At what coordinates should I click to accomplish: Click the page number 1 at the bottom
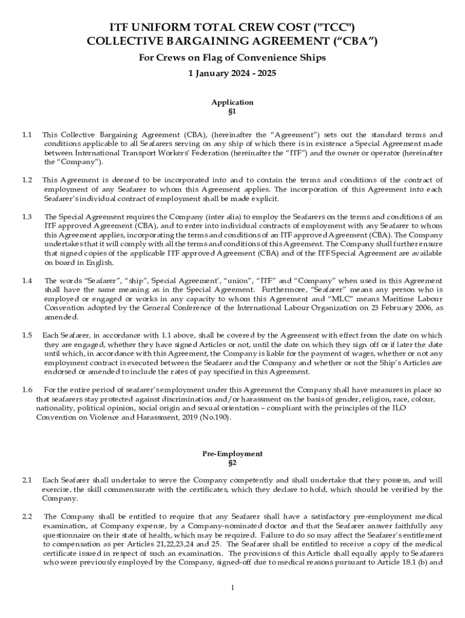coord(232,587)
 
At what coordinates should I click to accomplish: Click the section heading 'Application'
coord(232,102)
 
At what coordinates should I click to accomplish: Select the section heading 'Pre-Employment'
coord(232,453)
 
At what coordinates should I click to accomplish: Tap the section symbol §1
coord(232,112)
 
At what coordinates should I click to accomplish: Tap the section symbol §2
coord(232,463)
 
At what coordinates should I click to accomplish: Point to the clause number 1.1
coord(27,135)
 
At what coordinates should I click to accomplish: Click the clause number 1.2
coord(27,180)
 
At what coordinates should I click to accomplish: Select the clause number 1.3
coord(27,217)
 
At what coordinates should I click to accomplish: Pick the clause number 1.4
coord(27,281)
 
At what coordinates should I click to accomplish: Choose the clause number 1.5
coord(27,335)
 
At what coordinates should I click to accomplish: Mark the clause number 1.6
coord(27,390)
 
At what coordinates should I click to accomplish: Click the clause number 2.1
coord(27,480)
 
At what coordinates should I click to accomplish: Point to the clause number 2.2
coord(27,517)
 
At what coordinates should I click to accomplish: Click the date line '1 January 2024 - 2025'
coord(232,73)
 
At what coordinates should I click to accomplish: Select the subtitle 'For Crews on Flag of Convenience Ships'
coord(232,58)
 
